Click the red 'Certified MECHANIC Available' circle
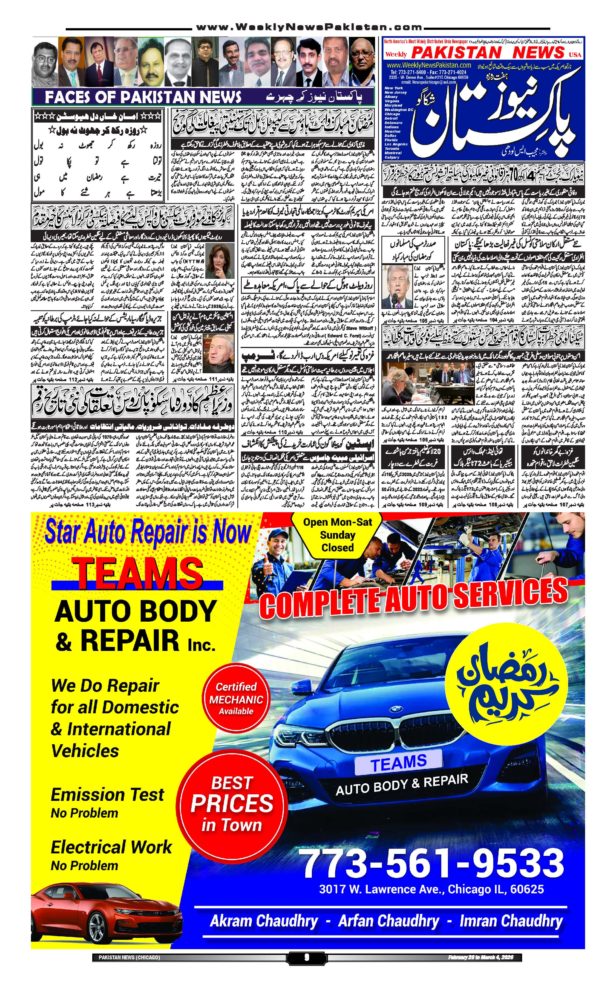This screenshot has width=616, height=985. click(236, 699)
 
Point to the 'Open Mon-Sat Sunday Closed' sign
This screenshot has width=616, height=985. click(337, 534)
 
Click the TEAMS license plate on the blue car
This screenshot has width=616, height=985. click(398, 762)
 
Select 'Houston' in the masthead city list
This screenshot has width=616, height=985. click(393, 131)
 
